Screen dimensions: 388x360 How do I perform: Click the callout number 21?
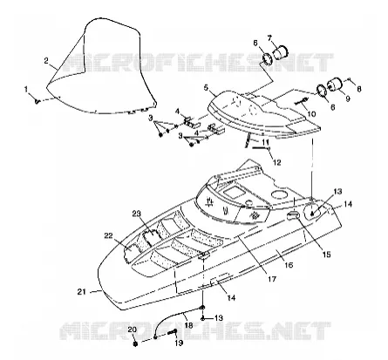[x=82, y=291]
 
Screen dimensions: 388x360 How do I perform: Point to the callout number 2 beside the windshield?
[x=46, y=61]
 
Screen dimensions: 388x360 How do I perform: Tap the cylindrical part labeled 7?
[x=280, y=52]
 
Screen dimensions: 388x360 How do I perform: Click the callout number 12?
[x=277, y=162]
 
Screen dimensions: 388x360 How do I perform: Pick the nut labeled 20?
[x=135, y=344]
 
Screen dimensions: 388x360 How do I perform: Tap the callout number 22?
[x=108, y=236]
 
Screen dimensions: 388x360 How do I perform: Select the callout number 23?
[x=136, y=214]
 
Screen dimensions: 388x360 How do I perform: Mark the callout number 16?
[x=289, y=265]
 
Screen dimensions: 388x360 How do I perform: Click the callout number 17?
[x=271, y=279]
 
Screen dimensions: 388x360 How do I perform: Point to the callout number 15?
[x=326, y=255]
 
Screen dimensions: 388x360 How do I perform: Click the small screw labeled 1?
[x=37, y=101]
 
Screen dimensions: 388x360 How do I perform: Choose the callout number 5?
[x=207, y=87]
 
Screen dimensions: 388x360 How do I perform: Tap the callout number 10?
[x=311, y=114]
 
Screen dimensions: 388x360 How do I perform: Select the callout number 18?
[x=188, y=325]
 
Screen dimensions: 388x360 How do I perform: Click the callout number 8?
[x=359, y=89]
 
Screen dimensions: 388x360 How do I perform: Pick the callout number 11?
[x=265, y=142]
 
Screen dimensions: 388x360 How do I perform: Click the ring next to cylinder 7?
[x=267, y=58]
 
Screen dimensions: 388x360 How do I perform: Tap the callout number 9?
[x=348, y=98]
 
